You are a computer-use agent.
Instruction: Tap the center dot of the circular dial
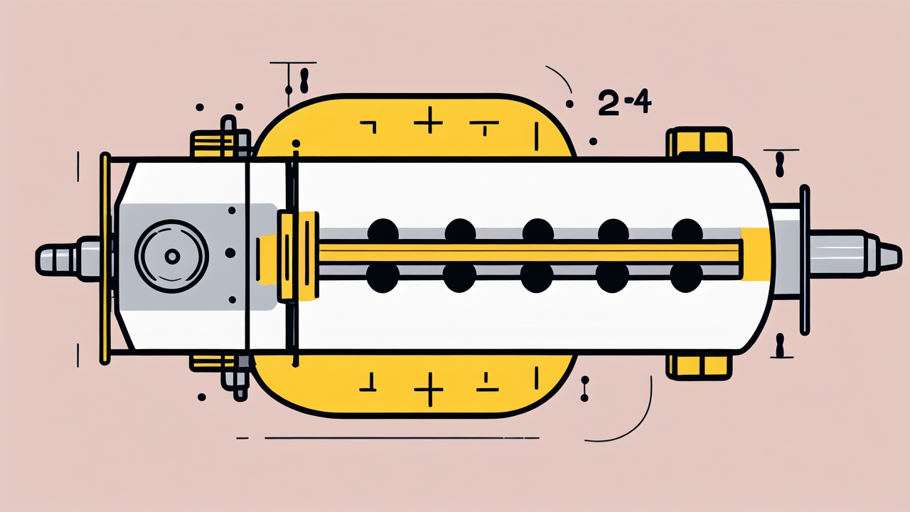[x=172, y=257]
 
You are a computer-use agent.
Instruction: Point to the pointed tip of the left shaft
[x=38, y=260]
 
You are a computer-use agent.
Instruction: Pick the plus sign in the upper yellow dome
[x=428, y=121]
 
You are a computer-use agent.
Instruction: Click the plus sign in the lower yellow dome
[x=429, y=389]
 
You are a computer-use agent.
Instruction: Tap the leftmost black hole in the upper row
[x=382, y=231]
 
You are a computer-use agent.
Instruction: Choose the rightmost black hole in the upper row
[x=687, y=231]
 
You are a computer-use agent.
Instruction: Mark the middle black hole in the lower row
[x=537, y=277]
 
